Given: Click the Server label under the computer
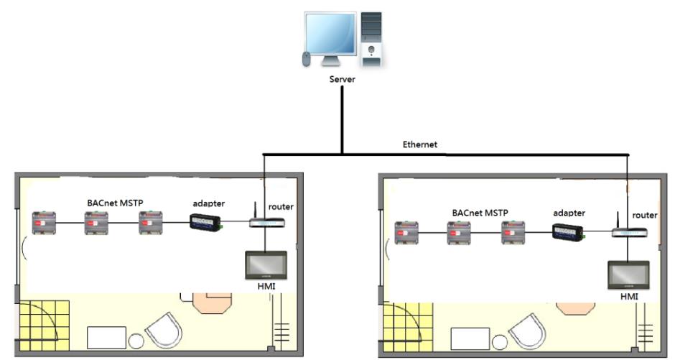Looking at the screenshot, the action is coord(343,79).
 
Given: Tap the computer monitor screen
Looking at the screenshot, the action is coord(330,34).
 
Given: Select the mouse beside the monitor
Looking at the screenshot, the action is coord(306,59).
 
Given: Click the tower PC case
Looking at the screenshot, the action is coord(371,40).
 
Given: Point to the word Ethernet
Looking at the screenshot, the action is coord(420,144).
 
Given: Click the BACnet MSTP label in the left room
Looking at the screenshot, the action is coord(115,203).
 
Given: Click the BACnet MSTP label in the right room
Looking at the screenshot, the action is coord(480,213).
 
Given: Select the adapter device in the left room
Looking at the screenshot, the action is coord(206,223).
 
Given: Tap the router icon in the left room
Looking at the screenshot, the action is coord(267,220).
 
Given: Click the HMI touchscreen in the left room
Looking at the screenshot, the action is coord(266,265).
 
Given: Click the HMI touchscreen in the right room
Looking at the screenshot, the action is coord(628,275).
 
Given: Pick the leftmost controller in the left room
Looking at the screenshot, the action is coord(44,223).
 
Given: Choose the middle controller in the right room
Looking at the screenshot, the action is coord(458,233).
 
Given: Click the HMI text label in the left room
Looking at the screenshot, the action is coord(266,286).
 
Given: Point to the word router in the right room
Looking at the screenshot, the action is coord(645,216).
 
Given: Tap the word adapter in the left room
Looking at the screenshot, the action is coord(209,203).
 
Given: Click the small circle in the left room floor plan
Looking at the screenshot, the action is coord(136,341).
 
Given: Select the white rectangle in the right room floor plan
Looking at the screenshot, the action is coord(470,339).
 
